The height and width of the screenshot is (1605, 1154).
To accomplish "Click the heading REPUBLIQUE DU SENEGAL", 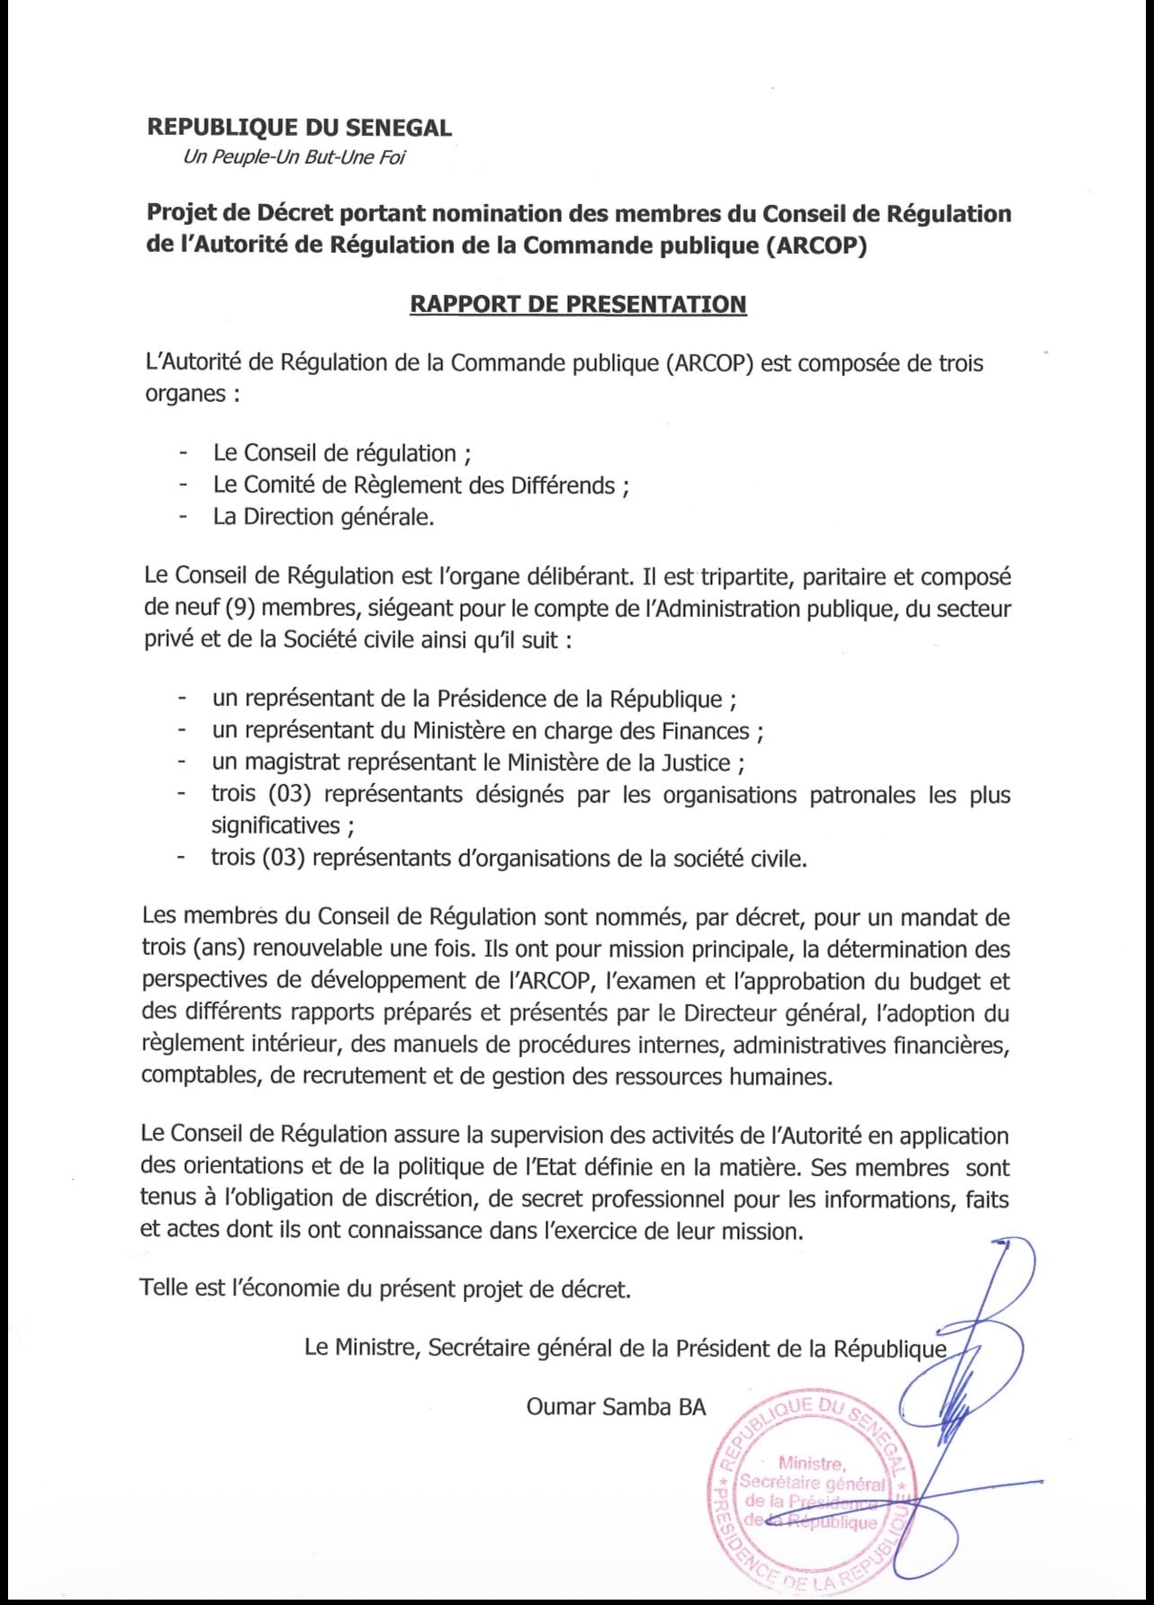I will click(x=299, y=128).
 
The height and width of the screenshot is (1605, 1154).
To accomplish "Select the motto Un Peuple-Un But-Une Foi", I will click(x=294, y=157).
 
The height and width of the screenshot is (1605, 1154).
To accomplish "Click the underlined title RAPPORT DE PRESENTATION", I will click(x=578, y=304).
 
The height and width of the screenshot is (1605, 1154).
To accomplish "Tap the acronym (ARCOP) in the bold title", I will click(x=816, y=245).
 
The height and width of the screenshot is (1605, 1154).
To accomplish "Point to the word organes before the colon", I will click(x=185, y=394).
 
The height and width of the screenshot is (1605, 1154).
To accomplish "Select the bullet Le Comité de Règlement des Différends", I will click(x=421, y=486).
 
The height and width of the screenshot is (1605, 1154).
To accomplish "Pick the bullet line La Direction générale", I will click(x=324, y=517).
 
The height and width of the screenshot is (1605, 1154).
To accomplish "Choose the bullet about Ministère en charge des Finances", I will click(x=488, y=731).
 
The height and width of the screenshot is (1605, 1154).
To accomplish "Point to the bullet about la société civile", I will click(x=509, y=858).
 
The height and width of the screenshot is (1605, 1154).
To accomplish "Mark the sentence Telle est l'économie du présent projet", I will click(x=386, y=1288).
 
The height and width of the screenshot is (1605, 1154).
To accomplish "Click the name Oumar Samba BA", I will click(x=616, y=1407).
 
